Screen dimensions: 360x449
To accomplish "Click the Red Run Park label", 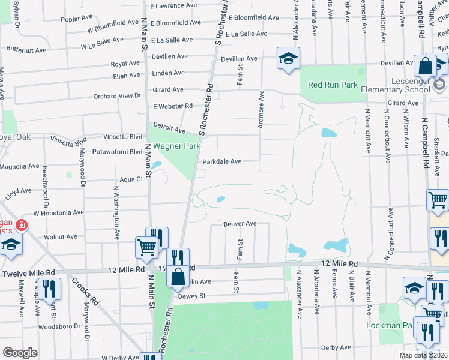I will click(x=333, y=85).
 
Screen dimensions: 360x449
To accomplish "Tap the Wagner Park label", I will click(x=175, y=146).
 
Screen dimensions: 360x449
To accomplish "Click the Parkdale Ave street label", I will click(x=221, y=161).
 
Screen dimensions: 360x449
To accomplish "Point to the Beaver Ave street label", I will click(x=240, y=224).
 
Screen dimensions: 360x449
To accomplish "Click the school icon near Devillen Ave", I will click(x=288, y=58).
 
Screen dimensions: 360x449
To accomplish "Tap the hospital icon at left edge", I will click(x=21, y=226).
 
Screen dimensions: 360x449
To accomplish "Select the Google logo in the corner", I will click(x=20, y=353).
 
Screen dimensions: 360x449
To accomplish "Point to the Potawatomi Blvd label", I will click(x=117, y=152).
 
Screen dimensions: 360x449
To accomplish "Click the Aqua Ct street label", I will click(x=131, y=179).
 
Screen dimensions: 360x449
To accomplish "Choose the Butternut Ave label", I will click(x=25, y=50).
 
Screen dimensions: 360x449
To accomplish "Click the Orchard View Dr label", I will click(x=117, y=95).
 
